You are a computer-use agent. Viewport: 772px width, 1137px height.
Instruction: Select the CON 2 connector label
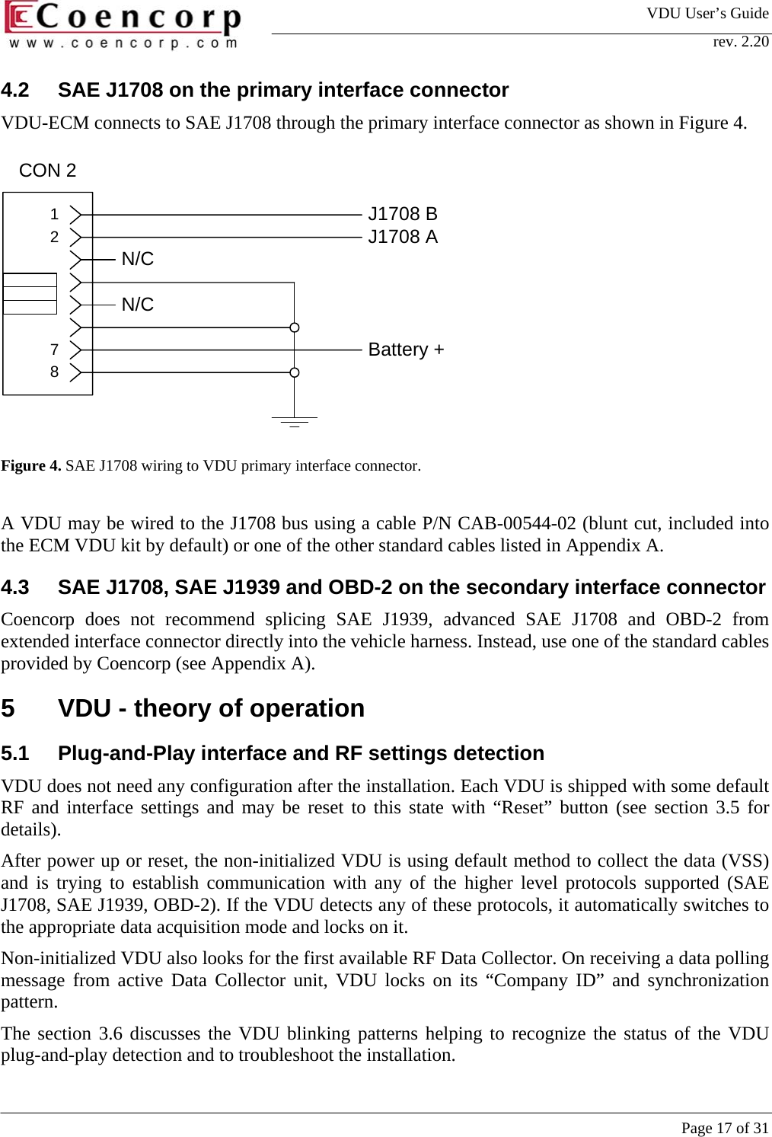pyautogui.click(x=47, y=171)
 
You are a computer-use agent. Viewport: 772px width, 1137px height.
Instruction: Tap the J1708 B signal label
pyautogui.click(x=403, y=214)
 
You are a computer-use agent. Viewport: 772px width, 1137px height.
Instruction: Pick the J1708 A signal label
pyautogui.click(x=403, y=237)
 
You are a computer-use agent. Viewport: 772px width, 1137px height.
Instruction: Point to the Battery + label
pyautogui.click(x=406, y=350)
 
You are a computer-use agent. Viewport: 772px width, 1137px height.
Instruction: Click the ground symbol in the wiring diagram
pyautogui.click(x=294, y=421)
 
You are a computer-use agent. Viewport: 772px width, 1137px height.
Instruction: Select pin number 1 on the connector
pyautogui.click(x=54, y=215)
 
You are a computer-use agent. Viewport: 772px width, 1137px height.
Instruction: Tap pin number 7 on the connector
pyautogui.click(x=54, y=350)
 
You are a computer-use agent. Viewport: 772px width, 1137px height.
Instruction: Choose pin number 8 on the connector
pyautogui.click(x=54, y=372)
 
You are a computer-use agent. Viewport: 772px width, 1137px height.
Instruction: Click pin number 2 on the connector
pyautogui.click(x=54, y=237)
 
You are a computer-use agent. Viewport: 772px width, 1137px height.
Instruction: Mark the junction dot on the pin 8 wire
pyautogui.click(x=294, y=372)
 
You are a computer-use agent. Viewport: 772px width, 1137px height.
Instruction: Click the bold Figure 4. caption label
pyautogui.click(x=31, y=465)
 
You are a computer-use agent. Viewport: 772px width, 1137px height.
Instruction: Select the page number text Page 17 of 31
pyautogui.click(x=725, y=1128)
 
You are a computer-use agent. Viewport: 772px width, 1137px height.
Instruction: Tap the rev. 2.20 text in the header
pyautogui.click(x=740, y=41)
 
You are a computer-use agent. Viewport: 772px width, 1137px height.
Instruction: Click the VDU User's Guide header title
pyautogui.click(x=707, y=13)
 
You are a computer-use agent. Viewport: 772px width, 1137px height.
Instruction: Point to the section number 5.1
pyautogui.click(x=15, y=753)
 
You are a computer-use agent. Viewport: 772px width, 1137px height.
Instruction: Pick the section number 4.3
pyautogui.click(x=15, y=587)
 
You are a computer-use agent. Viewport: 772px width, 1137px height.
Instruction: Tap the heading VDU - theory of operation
pyautogui.click(x=211, y=708)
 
